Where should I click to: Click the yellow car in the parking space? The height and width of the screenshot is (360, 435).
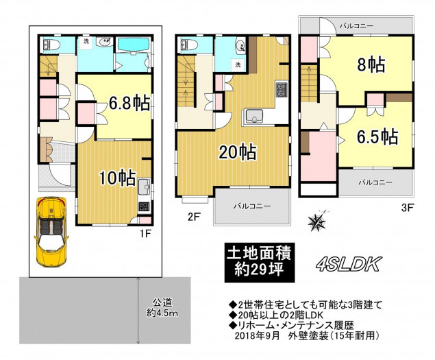point(51,232)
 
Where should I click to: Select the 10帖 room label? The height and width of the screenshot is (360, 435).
point(118,178)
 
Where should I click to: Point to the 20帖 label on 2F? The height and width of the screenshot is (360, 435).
point(238,152)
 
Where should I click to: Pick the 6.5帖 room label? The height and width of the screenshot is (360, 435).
point(377,136)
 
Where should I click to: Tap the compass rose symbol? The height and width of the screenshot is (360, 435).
point(317,221)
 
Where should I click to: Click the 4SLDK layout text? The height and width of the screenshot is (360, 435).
point(347,264)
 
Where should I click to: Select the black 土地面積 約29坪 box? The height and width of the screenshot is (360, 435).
point(260,262)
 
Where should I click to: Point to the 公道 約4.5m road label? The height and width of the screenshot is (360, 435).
point(162,308)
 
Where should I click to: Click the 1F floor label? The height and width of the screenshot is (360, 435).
point(145,233)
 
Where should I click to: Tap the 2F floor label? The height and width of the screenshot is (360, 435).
point(194,217)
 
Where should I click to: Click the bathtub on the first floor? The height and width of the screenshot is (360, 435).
point(134,44)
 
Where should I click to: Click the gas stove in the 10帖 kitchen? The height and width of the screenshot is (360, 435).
point(144,206)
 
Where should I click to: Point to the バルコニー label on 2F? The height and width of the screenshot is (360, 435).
point(252,206)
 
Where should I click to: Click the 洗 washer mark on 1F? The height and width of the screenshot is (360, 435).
point(86,42)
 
